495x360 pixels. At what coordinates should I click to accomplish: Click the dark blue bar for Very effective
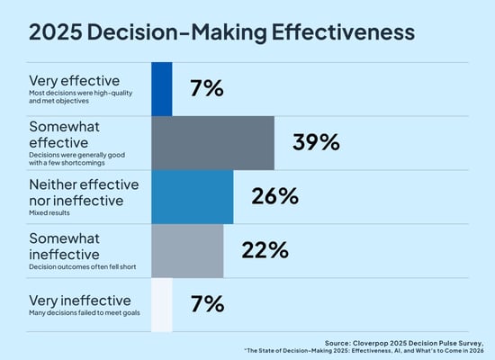[161, 88]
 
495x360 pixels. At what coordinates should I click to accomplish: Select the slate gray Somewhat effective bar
[212, 142]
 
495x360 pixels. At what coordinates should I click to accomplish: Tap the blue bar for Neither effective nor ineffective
[192, 196]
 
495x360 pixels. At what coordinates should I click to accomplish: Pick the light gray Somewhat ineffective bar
[187, 250]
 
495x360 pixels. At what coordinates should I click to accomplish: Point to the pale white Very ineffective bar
[161, 303]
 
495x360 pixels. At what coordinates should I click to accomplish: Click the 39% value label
[316, 142]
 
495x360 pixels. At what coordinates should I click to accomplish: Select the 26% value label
[274, 196]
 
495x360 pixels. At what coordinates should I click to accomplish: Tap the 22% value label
[265, 250]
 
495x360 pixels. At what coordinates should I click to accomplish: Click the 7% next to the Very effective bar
[206, 88]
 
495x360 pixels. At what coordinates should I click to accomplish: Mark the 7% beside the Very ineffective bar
[206, 304]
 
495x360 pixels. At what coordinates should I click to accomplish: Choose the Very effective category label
[74, 80]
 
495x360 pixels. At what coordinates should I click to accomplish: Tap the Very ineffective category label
[79, 299]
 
